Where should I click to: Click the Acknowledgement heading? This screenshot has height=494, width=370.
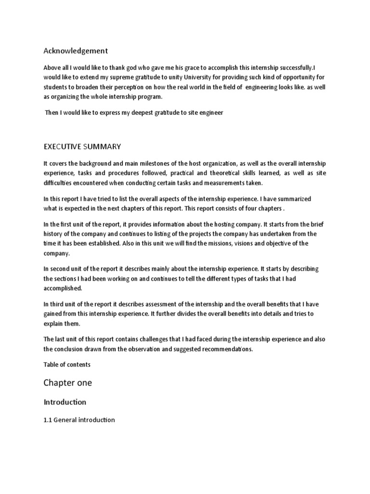pos(76,51)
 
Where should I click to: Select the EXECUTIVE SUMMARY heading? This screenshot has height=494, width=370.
pos(82,146)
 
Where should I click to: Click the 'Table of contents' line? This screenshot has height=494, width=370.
pos(67,365)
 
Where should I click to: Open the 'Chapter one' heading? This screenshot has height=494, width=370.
pos(67,383)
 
